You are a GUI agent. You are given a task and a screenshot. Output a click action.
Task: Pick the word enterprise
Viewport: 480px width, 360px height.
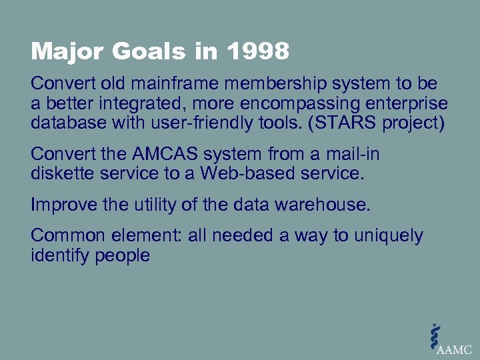413,105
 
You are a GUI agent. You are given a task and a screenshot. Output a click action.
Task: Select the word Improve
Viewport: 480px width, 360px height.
64,205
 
